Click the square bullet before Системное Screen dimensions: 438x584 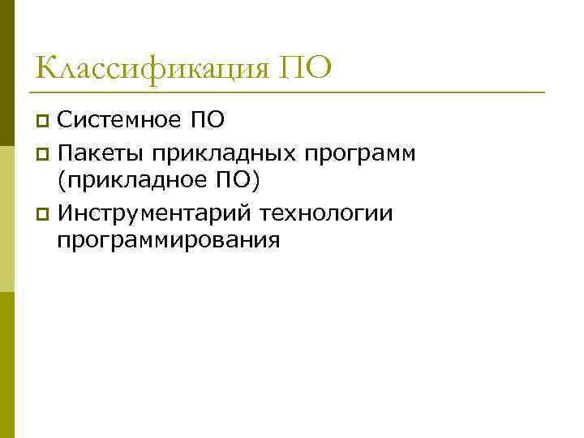coord(43,122)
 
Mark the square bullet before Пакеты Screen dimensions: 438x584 coord(43,152)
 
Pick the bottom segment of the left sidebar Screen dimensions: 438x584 coord(6,365)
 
